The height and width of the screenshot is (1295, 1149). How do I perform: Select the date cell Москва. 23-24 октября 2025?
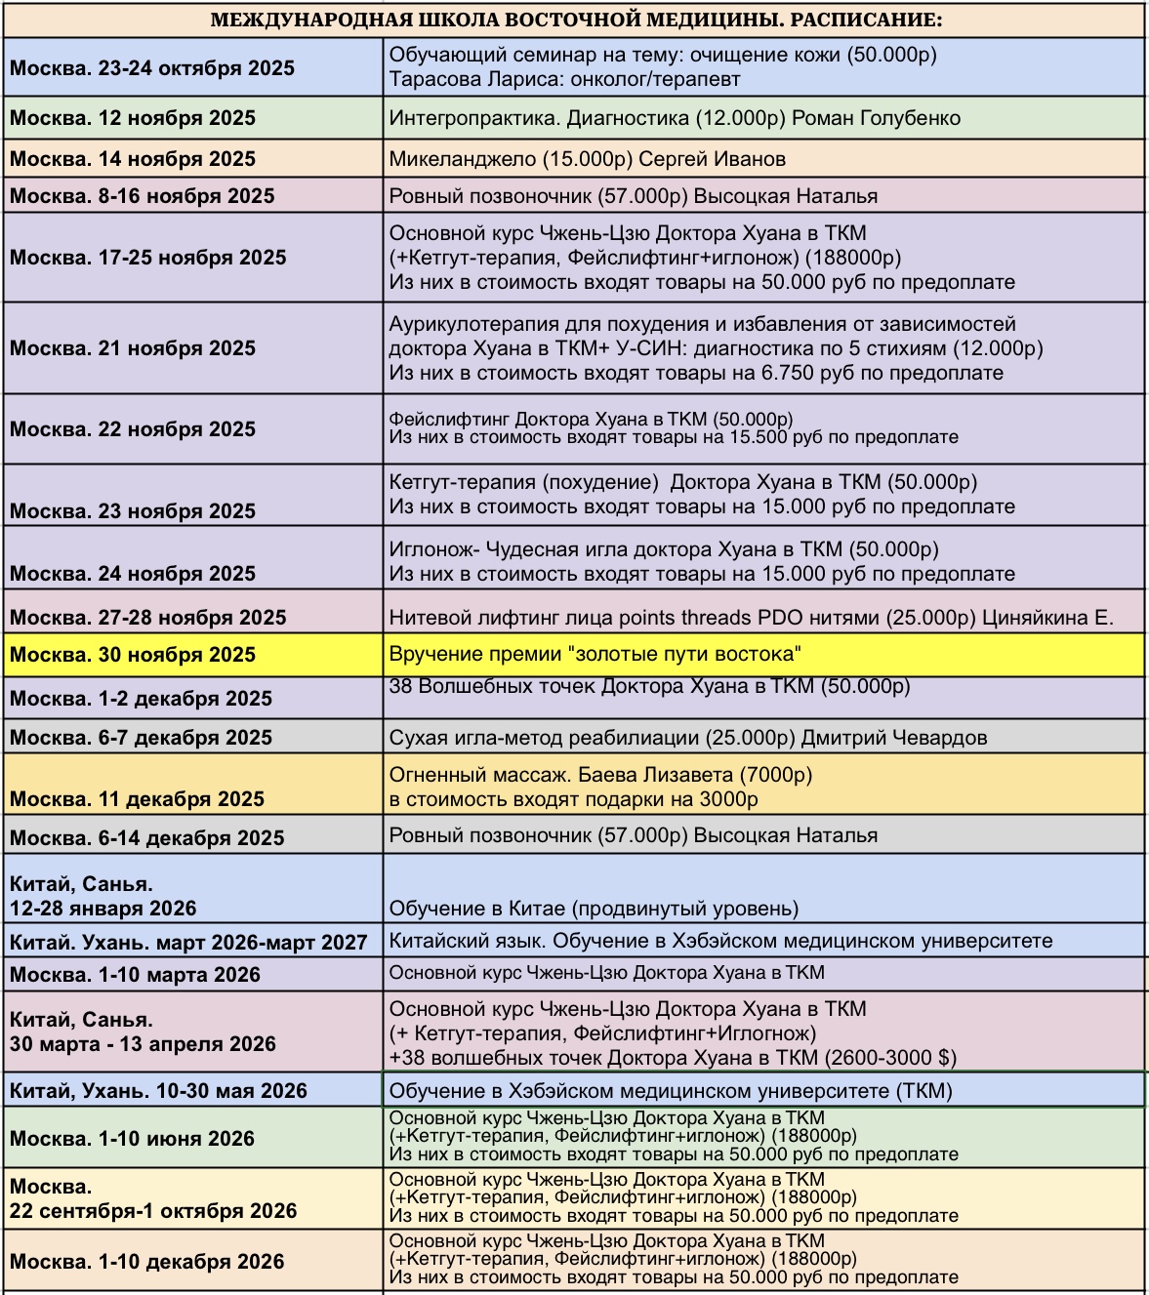pos(152,68)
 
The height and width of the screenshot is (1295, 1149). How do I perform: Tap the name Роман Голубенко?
pos(876,119)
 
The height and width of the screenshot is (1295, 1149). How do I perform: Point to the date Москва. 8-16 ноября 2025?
pos(143,196)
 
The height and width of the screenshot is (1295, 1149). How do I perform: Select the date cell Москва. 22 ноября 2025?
pos(133,429)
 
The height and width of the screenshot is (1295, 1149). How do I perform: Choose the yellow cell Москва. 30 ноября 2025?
pos(133,655)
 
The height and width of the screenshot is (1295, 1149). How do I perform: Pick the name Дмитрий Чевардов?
pos(894,738)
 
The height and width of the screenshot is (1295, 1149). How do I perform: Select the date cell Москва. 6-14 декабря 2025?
pos(147,838)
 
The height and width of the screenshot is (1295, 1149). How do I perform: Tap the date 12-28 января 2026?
pos(103,909)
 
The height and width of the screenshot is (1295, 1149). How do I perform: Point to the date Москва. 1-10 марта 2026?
pos(135,975)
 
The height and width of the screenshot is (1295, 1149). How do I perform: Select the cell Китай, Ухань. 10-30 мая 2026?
pos(158,1091)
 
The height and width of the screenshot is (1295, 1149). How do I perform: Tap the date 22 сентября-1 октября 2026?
pos(153,1211)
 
